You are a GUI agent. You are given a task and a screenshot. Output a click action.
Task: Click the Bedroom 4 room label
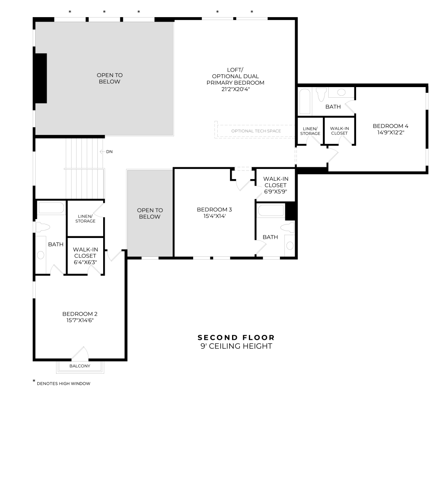point(390,126)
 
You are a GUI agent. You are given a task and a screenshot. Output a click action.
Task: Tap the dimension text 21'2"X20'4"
point(235,89)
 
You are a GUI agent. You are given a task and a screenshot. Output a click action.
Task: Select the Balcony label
point(80,366)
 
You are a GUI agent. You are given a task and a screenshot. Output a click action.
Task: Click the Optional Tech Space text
point(256,131)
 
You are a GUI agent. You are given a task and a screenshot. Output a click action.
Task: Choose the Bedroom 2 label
point(80,314)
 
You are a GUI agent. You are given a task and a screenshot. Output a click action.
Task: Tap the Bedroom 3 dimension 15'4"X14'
point(214,216)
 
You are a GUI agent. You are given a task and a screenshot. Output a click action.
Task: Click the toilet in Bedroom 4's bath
point(321,94)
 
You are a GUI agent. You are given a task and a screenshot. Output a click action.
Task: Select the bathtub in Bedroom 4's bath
point(305,101)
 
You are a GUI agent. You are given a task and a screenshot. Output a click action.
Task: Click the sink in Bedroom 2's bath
point(41,255)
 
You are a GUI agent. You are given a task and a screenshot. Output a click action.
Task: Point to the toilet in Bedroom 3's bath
point(287,227)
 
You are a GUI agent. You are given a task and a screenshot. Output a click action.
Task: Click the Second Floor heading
point(236,337)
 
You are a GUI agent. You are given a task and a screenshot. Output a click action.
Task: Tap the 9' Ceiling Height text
point(236,346)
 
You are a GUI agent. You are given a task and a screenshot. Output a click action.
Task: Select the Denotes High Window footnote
point(61,383)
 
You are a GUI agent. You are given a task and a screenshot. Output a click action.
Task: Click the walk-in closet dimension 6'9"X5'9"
point(275,192)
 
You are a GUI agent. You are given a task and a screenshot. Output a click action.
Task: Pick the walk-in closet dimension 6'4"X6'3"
point(85,262)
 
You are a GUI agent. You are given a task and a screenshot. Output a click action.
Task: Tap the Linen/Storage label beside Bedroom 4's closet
point(310,131)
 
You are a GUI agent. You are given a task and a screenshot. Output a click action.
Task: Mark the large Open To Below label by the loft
point(110,79)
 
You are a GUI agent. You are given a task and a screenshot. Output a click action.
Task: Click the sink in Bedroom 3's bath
point(290,245)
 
